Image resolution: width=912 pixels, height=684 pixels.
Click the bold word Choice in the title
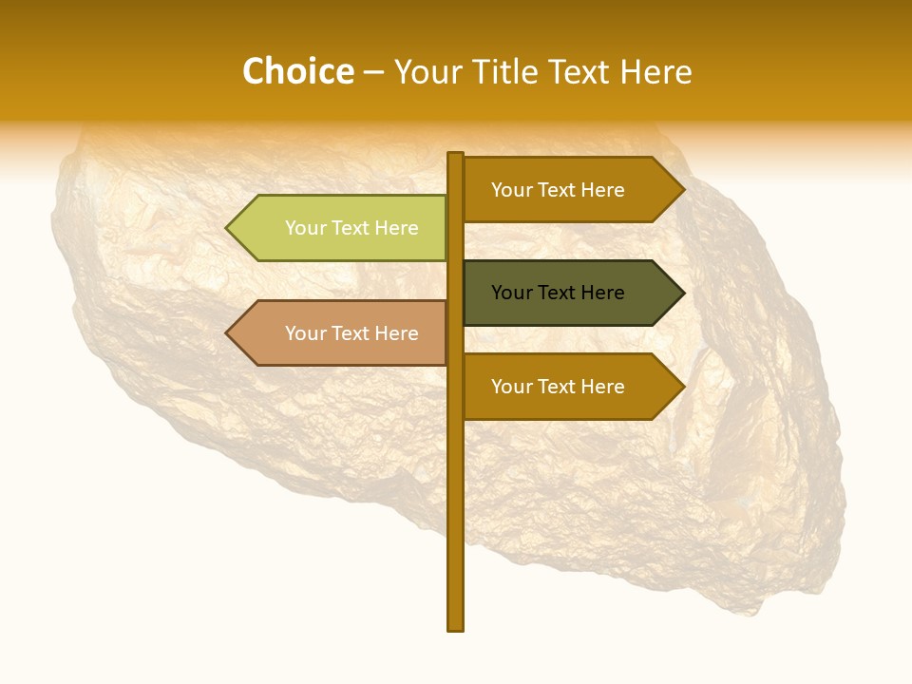pyautogui.click(x=297, y=72)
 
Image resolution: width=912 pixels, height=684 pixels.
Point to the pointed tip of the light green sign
pyautogui.click(x=228, y=228)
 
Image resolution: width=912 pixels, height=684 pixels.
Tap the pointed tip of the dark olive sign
pyautogui.click(x=682, y=293)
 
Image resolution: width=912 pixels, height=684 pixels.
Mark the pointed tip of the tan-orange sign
pyautogui.click(x=228, y=332)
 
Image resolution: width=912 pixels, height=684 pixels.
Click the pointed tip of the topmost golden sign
pyautogui.click(x=682, y=190)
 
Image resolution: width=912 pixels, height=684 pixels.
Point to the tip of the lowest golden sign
pyautogui.click(x=682, y=387)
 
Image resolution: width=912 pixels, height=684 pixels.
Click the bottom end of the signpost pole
pyautogui.click(x=456, y=627)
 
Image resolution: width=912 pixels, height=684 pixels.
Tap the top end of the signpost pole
pyautogui.click(x=456, y=155)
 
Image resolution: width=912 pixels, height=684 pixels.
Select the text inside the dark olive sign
pyautogui.click(x=558, y=293)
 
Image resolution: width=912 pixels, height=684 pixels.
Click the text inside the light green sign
pyautogui.click(x=351, y=228)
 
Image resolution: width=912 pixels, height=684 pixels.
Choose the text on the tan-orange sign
pyautogui.click(x=351, y=333)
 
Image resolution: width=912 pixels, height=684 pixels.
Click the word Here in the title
pyautogui.click(x=655, y=72)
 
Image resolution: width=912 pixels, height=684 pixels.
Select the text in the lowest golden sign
pyautogui.click(x=558, y=387)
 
